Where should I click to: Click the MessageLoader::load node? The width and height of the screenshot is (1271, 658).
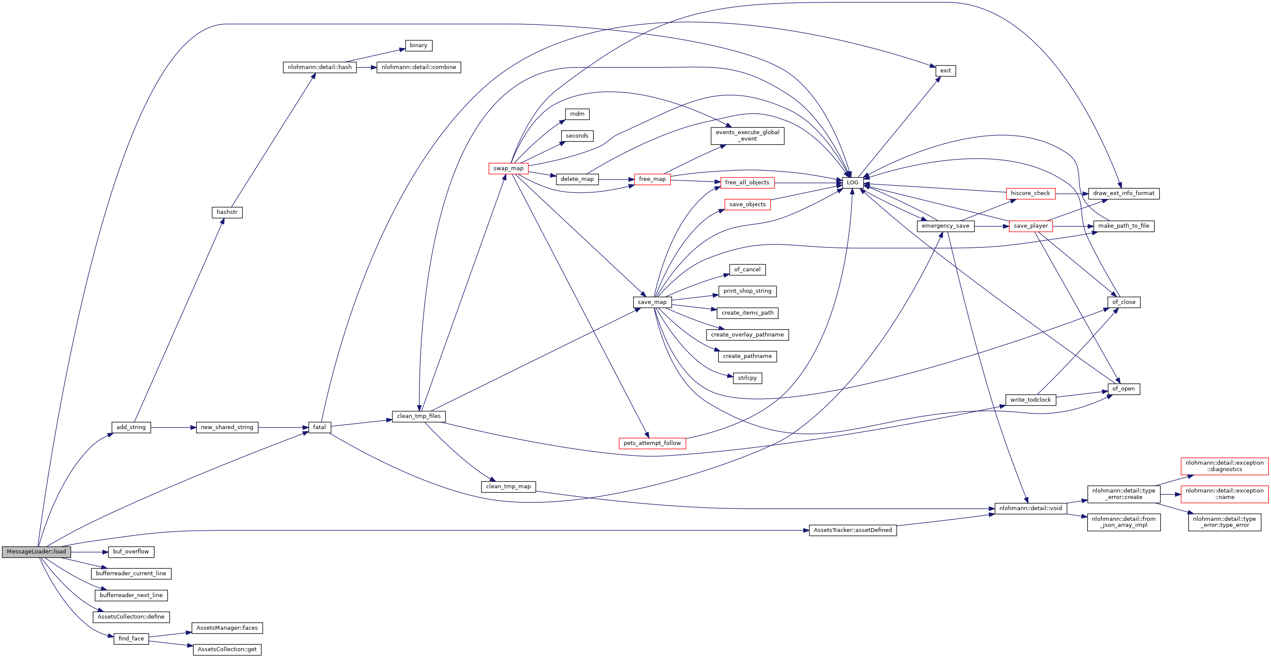36,552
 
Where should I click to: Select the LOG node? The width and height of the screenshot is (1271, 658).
852,183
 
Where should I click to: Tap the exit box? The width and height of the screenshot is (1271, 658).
945,71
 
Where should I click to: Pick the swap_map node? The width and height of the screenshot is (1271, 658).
508,168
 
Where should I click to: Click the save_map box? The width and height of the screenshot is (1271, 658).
652,302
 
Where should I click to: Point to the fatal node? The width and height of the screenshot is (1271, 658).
319,427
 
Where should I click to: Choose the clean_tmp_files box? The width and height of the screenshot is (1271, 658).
419,416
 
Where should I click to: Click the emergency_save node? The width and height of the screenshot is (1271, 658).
945,226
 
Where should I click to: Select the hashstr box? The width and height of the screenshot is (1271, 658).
227,212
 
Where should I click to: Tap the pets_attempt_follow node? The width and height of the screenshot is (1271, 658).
652,443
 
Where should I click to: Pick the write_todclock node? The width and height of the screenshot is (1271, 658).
1030,400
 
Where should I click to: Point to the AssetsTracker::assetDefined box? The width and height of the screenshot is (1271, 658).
852,530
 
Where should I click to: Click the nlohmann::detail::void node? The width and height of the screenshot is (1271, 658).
1030,508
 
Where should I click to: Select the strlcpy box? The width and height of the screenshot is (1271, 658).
747,378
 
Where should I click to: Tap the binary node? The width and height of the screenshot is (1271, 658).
419,45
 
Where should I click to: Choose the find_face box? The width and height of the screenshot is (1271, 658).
131,639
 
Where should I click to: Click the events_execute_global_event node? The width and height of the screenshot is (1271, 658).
747,136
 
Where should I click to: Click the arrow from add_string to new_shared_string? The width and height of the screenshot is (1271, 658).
173,427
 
